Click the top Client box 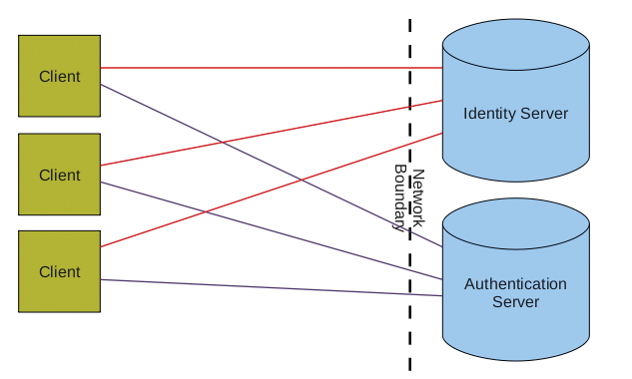[x=59, y=76]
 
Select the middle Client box [x=59, y=175]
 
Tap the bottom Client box [x=59, y=271]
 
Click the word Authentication [x=515, y=284]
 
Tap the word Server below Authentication [x=515, y=301]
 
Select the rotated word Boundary [x=399, y=197]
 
